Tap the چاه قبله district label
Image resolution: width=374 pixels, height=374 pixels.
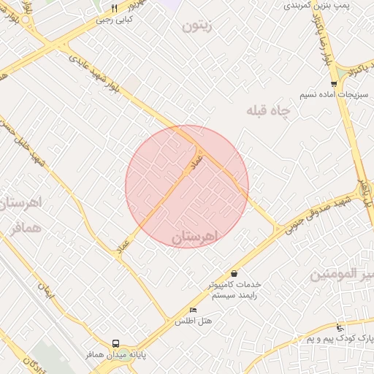click(267, 110)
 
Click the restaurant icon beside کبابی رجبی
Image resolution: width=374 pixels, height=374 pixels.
click(115, 9)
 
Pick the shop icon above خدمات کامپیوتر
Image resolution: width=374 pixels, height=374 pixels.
click(234, 273)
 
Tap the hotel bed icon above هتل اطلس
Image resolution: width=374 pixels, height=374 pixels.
click(193, 310)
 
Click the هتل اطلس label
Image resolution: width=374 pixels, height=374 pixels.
click(193, 321)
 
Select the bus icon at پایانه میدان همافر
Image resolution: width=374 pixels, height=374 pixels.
click(115, 343)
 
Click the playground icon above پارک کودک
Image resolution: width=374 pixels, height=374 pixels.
click(340, 328)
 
